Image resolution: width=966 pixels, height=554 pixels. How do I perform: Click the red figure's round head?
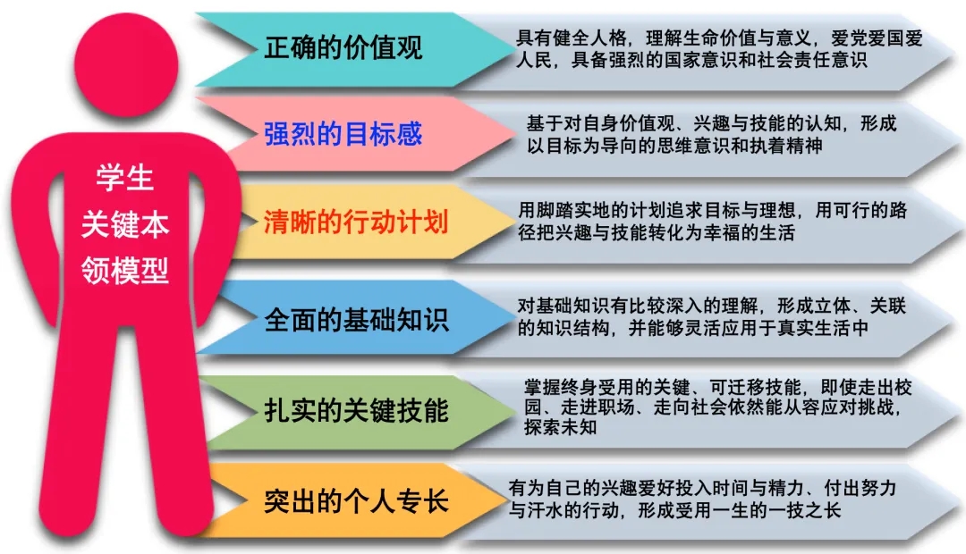coord(126,63)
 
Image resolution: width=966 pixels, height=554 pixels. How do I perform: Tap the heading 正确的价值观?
coord(343,48)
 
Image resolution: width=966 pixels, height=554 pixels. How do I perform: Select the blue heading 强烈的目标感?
coord(343,133)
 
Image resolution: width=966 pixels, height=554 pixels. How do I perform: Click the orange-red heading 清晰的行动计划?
coord(356,222)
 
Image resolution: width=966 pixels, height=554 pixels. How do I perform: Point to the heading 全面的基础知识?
coord(356,320)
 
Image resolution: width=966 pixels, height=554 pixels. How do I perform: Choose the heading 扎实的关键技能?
coord(356,410)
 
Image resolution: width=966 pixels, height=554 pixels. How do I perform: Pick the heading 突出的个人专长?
coord(356,501)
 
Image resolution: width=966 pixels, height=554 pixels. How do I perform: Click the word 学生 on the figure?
coord(124,178)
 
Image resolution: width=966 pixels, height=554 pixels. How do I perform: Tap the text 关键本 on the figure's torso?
coord(125,224)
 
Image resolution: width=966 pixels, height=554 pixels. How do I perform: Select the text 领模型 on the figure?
coord(125,270)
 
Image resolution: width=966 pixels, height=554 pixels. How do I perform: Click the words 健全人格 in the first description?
coord(589,38)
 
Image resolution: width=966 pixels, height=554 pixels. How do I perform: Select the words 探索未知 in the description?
coord(560,426)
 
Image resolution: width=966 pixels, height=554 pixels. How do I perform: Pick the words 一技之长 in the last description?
coord(805,510)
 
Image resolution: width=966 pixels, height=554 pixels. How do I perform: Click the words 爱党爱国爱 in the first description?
coord(877,38)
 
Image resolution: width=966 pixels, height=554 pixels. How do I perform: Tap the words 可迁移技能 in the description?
coord(755,387)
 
